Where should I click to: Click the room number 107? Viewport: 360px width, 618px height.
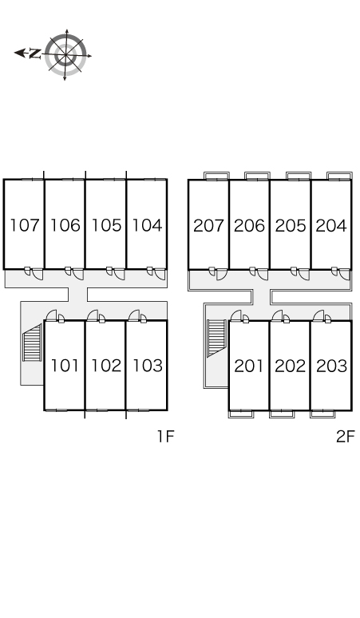pyautogui.click(x=25, y=225)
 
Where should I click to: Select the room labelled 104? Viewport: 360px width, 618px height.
pyautogui.click(x=147, y=225)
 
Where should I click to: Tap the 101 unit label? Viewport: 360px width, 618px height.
pyautogui.click(x=65, y=366)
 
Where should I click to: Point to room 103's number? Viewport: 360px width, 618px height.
pyautogui.click(x=148, y=366)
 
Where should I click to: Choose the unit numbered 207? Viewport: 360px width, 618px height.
pyautogui.click(x=208, y=225)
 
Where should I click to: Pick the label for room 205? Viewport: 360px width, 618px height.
pyautogui.click(x=291, y=225)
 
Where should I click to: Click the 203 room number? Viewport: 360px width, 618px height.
pyautogui.click(x=331, y=366)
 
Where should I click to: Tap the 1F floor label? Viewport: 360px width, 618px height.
pyautogui.click(x=166, y=436)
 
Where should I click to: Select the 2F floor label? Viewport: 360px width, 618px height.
pyautogui.click(x=346, y=436)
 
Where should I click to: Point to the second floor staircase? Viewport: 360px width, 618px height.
pyautogui.click(x=216, y=339)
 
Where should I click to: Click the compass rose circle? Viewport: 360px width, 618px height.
pyautogui.click(x=65, y=55)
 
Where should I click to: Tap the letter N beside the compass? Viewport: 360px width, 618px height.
pyautogui.click(x=35, y=53)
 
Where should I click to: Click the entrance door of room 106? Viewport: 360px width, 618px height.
pyautogui.click(x=78, y=274)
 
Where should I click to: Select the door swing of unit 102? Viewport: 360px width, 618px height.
pyautogui.click(x=93, y=315)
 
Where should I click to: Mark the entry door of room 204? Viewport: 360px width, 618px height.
pyautogui.click(x=344, y=275)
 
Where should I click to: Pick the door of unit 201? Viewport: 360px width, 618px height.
pyautogui.click(x=236, y=315)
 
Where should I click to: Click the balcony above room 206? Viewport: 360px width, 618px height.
pyautogui.click(x=257, y=176)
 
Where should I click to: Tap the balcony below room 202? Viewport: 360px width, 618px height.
pyautogui.click(x=282, y=414)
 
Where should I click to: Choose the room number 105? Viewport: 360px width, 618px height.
pyautogui.click(x=106, y=225)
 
